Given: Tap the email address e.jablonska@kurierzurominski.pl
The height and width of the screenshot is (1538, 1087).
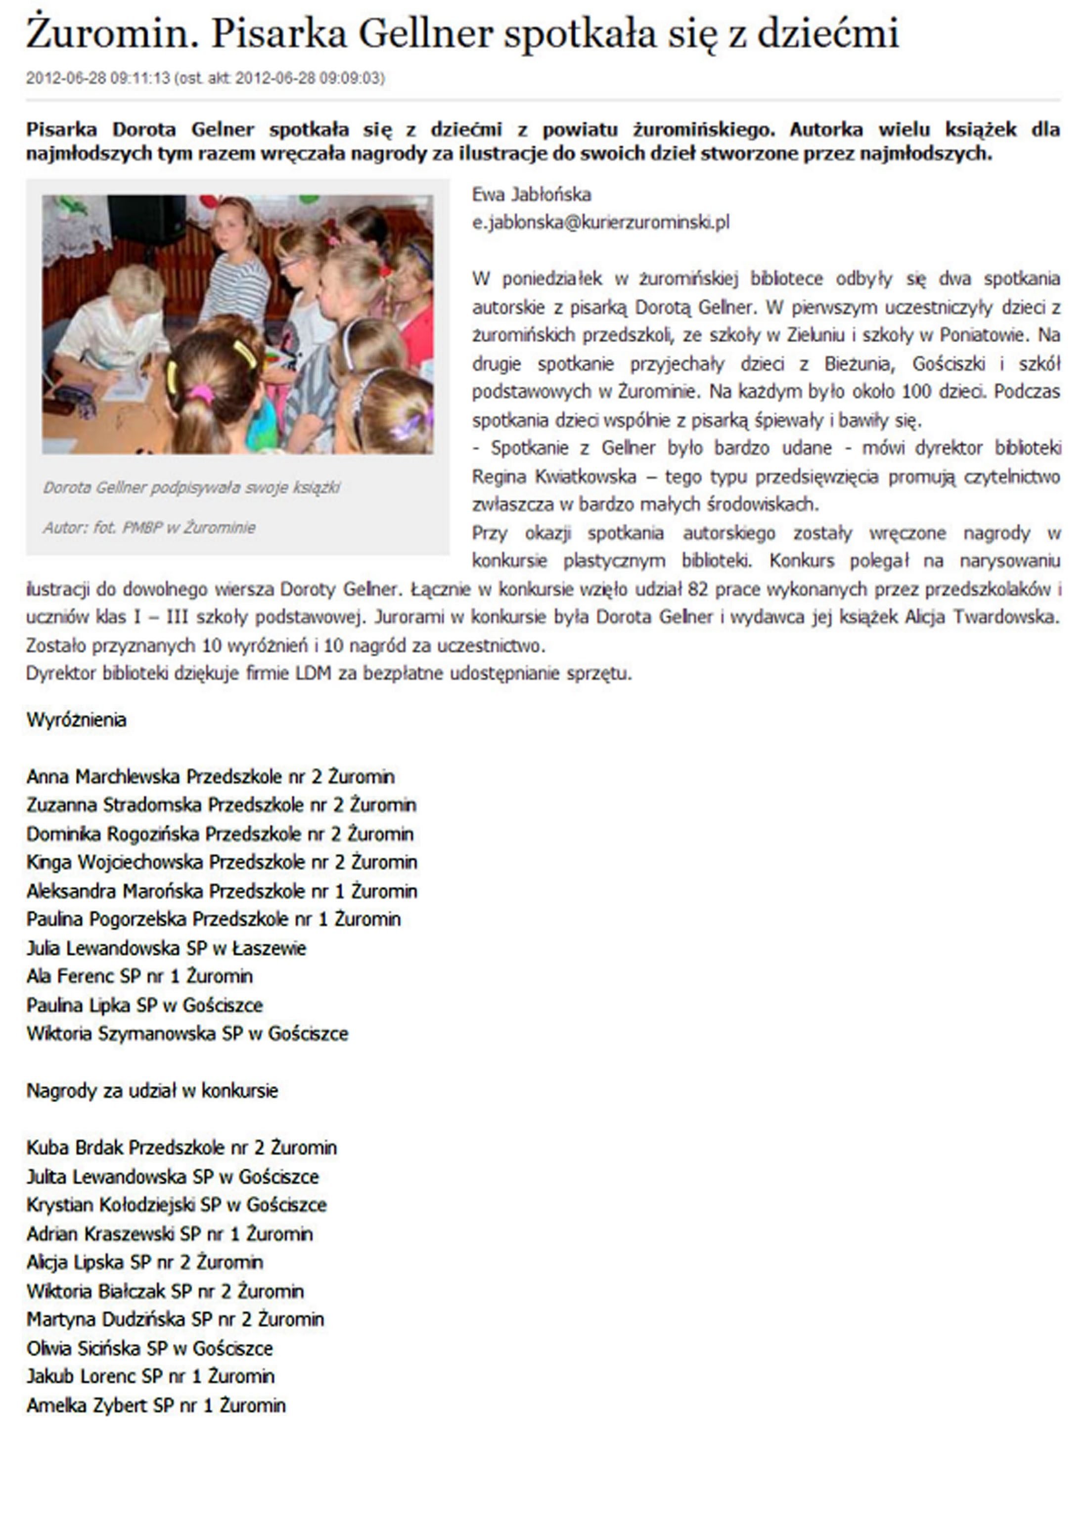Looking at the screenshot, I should pyautogui.click(x=600, y=223).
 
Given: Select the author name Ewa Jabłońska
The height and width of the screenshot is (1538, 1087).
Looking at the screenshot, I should pyautogui.click(x=531, y=194).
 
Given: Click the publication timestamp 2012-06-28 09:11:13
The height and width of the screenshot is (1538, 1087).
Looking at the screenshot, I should pyautogui.click(x=98, y=78).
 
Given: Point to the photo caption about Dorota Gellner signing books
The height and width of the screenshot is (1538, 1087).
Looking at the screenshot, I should pyautogui.click(x=191, y=487).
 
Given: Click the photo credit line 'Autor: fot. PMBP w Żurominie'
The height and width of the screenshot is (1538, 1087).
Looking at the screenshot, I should pyautogui.click(x=149, y=527).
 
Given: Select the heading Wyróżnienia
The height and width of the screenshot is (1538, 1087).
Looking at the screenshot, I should pyautogui.click(x=76, y=720).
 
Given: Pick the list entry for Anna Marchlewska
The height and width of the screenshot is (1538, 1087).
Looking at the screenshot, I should pyautogui.click(x=210, y=776).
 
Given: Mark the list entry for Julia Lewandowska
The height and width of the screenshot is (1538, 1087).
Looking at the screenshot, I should pyautogui.click(x=166, y=948).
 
